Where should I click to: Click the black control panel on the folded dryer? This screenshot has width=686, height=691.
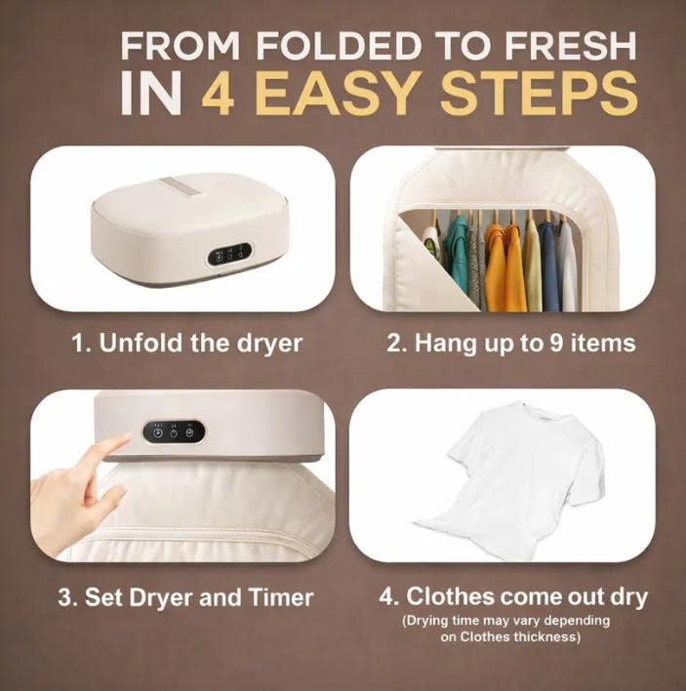coord(229,253)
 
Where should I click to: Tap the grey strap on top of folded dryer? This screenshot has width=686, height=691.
coord(178,184)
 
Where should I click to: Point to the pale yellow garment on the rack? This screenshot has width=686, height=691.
coord(531,264)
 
